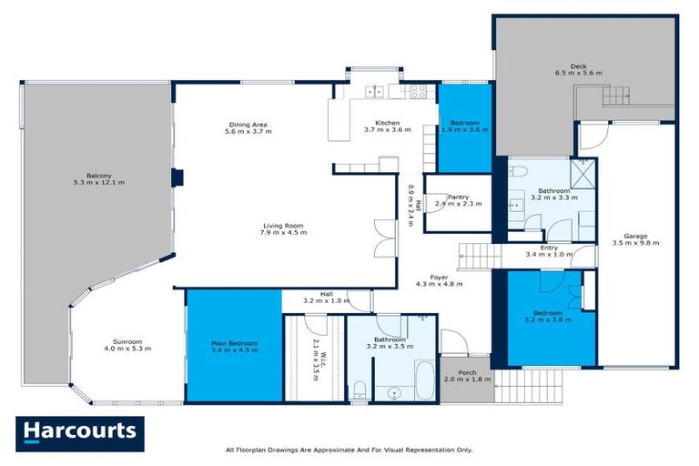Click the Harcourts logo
pos(79,433)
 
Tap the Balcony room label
pos(99,178)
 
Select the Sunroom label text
pos(127,345)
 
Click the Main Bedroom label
pos(234,347)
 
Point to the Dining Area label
pos(248,128)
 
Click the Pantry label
pos(452,200)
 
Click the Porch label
pos(466,375)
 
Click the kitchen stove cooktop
pos(418,90)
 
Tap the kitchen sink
pos(375,90)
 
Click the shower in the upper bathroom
pos(582,172)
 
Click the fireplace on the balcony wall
pos(178,177)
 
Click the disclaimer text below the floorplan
pos(349,450)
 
